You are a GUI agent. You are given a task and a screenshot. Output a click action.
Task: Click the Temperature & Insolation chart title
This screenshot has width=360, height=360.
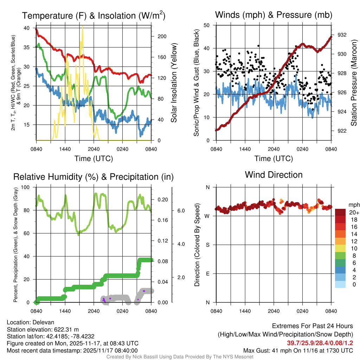tap(94, 15)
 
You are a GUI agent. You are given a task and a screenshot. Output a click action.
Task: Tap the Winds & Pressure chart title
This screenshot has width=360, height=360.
tap(274, 15)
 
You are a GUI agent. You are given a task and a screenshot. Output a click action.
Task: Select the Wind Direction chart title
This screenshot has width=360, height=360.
tap(274, 175)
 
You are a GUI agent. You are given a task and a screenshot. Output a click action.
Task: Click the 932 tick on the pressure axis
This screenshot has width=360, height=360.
tap(342, 35)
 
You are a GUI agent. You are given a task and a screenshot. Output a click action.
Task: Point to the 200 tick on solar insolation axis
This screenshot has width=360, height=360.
tap(159, 36)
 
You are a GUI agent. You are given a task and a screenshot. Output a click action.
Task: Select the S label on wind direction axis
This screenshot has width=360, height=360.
tap(207, 245)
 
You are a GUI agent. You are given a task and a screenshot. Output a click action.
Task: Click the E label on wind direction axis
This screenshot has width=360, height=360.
tap(207, 274)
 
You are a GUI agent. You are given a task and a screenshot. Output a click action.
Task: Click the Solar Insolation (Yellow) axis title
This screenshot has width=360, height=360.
tap(174, 83)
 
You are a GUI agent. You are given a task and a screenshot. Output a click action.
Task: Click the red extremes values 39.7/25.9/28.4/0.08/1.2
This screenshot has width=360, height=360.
tap(320, 343)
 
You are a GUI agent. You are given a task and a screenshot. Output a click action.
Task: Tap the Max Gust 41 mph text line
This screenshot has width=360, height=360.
tap(298, 351)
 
